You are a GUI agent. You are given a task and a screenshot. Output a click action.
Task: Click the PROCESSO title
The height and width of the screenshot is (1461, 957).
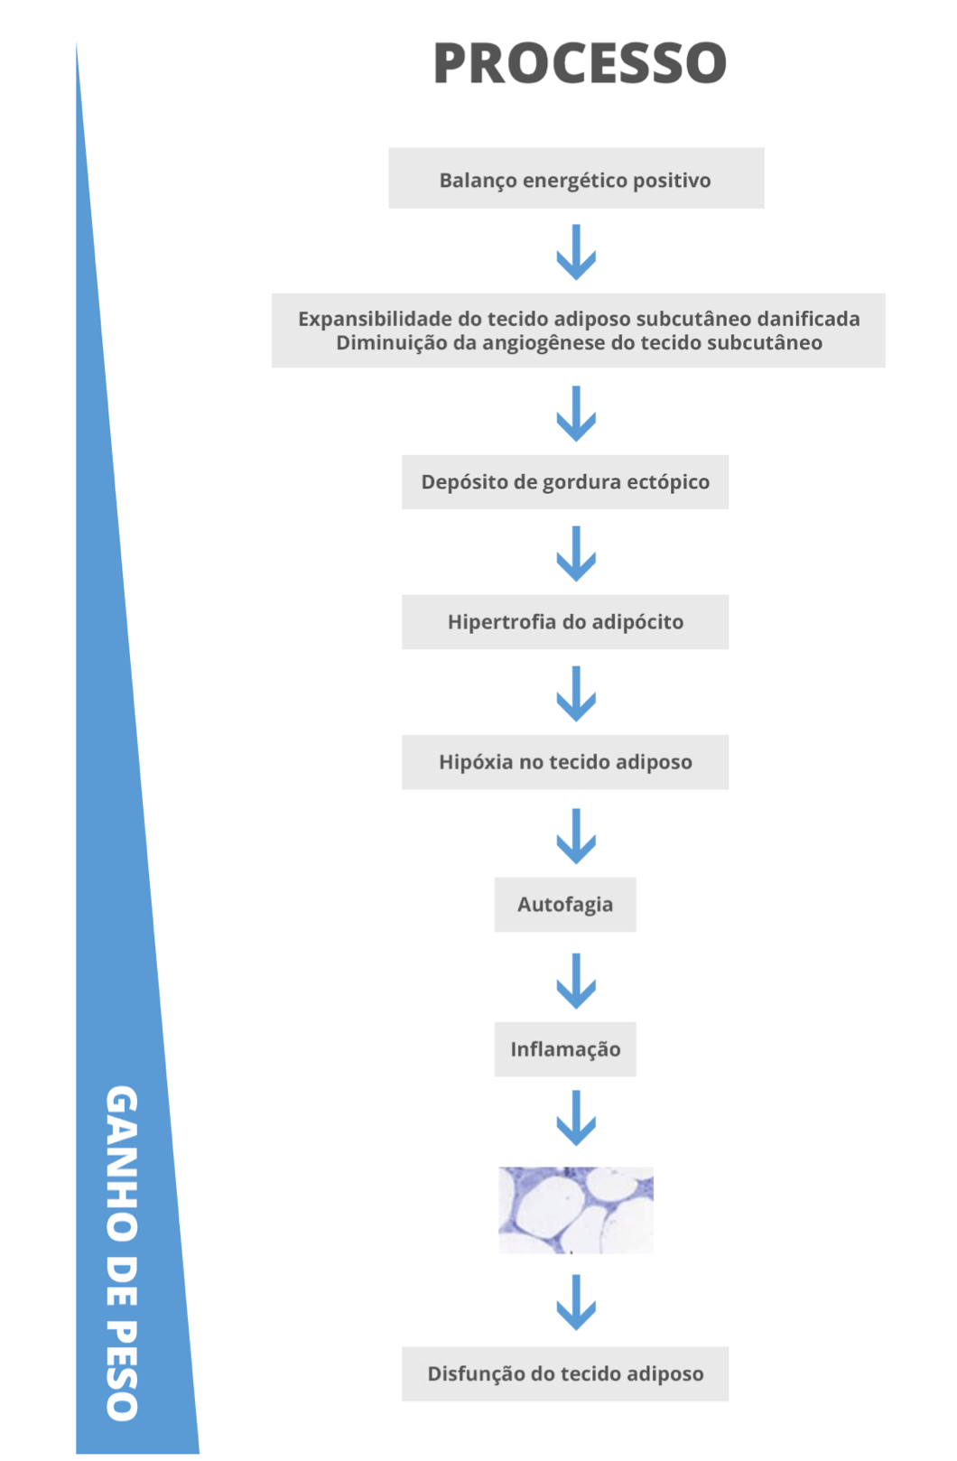tap(580, 62)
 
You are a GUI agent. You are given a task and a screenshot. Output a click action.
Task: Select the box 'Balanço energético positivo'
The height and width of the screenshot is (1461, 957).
tap(576, 178)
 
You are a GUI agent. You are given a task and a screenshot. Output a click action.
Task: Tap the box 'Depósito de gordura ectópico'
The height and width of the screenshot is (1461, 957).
tap(565, 482)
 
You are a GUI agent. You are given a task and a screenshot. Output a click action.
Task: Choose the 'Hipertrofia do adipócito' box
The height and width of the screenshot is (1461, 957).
tap(565, 621)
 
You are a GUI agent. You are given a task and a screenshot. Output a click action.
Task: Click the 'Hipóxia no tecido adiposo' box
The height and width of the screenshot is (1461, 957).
tap(565, 762)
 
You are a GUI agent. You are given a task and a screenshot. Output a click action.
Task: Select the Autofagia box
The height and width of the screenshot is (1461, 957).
tap(565, 905)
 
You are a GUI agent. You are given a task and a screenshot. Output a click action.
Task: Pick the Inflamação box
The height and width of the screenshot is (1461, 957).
tap(565, 1049)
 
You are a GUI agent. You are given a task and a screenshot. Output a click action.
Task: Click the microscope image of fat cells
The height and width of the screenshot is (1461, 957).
tap(575, 1210)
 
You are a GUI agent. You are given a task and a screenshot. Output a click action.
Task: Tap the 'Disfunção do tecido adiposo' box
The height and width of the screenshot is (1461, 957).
tap(565, 1373)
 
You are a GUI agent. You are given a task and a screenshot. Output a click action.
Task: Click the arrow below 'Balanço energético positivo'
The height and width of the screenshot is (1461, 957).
tap(576, 253)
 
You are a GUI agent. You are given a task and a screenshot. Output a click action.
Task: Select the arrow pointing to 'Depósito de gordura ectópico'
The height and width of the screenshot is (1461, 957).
tap(576, 414)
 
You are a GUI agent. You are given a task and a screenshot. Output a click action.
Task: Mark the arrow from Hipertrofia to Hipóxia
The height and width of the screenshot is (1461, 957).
tap(576, 694)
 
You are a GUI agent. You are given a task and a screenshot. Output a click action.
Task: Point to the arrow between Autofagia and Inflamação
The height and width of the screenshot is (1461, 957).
tap(576, 982)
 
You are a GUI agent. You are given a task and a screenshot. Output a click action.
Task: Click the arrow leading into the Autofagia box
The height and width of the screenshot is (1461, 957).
tap(576, 837)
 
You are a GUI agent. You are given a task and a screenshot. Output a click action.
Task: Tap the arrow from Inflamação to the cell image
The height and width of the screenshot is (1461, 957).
tap(576, 1118)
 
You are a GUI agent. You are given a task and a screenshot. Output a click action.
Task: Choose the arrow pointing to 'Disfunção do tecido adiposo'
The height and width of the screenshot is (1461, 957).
tap(576, 1303)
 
